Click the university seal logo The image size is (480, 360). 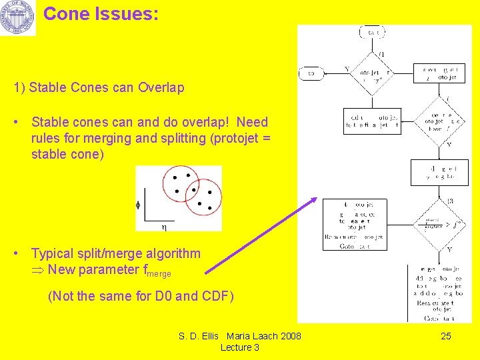pos(18,18)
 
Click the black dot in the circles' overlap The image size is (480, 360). pos(193,189)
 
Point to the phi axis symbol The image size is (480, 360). pos(138,205)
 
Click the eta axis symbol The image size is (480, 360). pos(164,227)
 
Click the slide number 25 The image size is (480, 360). pos(446,336)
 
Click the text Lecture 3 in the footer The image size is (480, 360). pos(239,347)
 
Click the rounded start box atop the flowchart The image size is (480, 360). pos(371,32)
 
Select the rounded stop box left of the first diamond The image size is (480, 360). pos(311,74)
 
